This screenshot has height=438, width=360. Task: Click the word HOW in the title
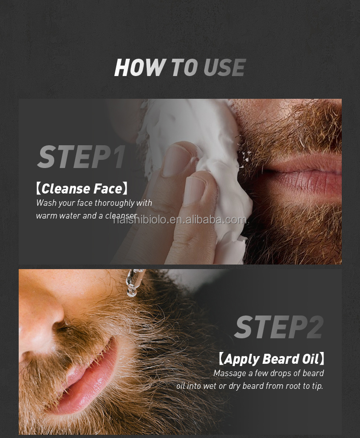(x=139, y=68)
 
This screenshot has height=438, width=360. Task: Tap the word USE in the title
(x=224, y=68)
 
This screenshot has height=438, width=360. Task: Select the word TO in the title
(x=184, y=68)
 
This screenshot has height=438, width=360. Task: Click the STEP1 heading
(x=81, y=157)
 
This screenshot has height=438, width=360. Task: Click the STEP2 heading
(x=278, y=327)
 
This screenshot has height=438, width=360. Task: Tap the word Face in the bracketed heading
(x=108, y=188)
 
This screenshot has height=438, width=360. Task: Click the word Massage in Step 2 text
(x=231, y=373)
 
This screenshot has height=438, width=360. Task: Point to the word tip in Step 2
(x=316, y=386)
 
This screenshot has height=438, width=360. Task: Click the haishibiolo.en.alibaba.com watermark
(x=180, y=220)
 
